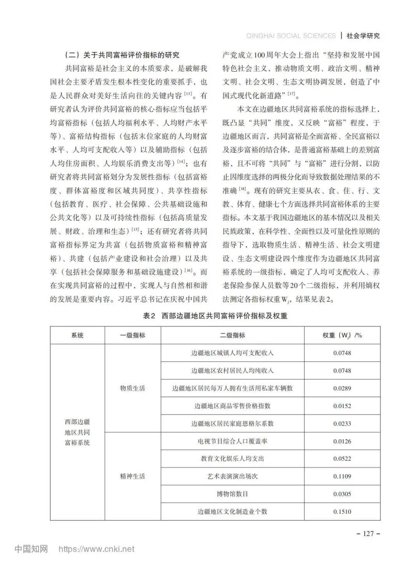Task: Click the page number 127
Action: click(x=368, y=533)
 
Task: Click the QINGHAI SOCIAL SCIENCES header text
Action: click(x=291, y=36)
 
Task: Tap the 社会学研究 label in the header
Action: click(x=363, y=36)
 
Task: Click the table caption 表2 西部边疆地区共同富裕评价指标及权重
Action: click(x=215, y=316)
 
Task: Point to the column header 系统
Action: click(x=77, y=335)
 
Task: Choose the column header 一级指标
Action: click(x=133, y=335)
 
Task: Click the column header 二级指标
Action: click(x=232, y=335)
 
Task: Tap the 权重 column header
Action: click(x=342, y=335)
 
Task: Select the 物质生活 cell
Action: click(x=133, y=388)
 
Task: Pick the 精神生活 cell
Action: click(x=133, y=476)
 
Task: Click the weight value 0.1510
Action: click(x=342, y=512)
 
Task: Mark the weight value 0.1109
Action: click(x=342, y=476)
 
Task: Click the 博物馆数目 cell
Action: click(x=232, y=494)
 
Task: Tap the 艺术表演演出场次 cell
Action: click(x=232, y=476)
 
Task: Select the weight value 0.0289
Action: click(x=342, y=388)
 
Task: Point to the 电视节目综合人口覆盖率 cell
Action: click(x=232, y=441)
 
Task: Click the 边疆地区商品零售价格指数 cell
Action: click(x=232, y=406)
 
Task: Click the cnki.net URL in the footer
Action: click(x=96, y=549)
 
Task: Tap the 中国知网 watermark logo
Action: click(x=31, y=549)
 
